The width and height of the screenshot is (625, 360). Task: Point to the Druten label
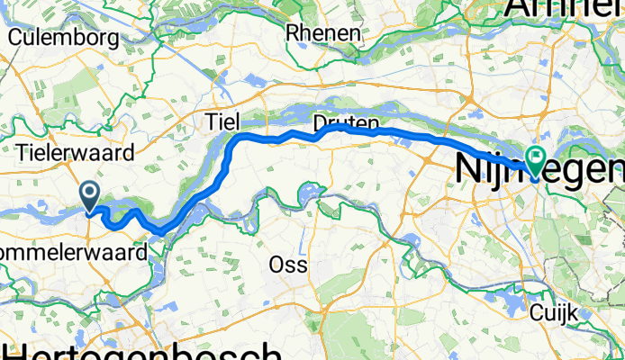point(347,121)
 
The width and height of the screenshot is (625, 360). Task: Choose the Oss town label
point(288,265)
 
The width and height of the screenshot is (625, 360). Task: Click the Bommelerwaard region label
point(72,253)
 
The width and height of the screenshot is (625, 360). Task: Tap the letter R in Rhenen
point(293,32)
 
